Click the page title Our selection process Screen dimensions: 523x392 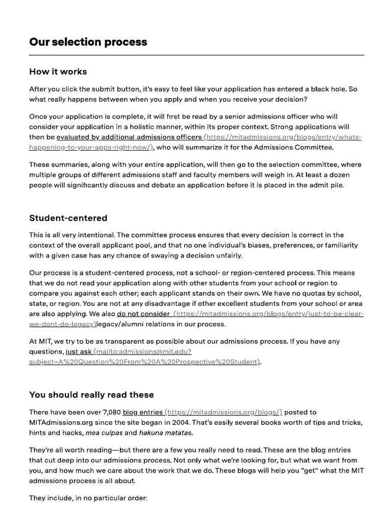(88, 42)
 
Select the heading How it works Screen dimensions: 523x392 (58, 72)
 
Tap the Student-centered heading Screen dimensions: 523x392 (68, 218)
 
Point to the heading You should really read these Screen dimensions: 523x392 (91, 395)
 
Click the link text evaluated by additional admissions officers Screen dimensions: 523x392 (129, 137)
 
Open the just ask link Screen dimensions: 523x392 (79, 352)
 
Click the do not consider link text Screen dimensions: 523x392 (143, 314)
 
